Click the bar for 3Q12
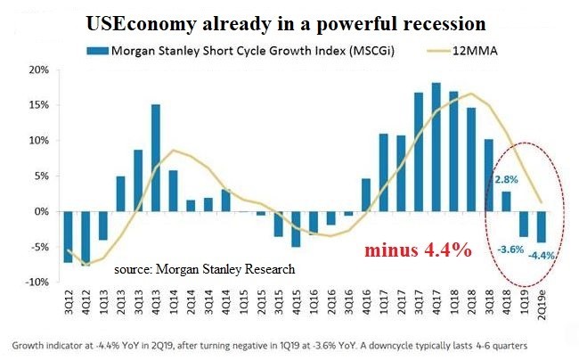coord(68,237)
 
